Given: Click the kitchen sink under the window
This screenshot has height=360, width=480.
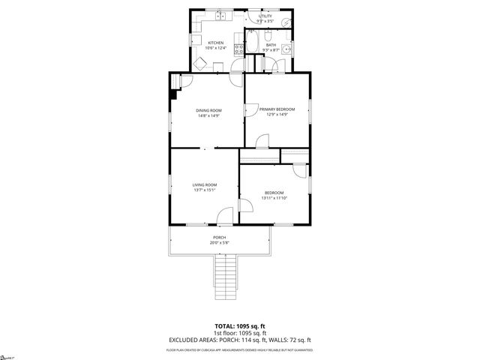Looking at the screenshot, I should click(x=221, y=16).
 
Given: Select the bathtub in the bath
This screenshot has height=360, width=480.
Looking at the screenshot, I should click(x=253, y=43).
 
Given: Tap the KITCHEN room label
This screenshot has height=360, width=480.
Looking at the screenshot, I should click(x=216, y=43).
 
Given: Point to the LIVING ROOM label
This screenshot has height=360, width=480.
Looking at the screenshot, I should click(x=204, y=184).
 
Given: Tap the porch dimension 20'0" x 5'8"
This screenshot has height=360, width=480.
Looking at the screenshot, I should click(x=220, y=242).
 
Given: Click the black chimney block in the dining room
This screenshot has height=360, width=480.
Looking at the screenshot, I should click(x=175, y=94).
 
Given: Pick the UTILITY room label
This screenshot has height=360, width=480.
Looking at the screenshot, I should click(x=265, y=15).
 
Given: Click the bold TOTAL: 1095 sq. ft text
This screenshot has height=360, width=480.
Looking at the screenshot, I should click(x=240, y=326).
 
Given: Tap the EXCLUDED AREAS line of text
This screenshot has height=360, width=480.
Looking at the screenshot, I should click(x=240, y=340).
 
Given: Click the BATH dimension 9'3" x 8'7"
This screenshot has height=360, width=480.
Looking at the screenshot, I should click(x=270, y=49).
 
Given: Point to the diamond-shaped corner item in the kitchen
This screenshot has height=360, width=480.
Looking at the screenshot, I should click(x=201, y=64).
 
